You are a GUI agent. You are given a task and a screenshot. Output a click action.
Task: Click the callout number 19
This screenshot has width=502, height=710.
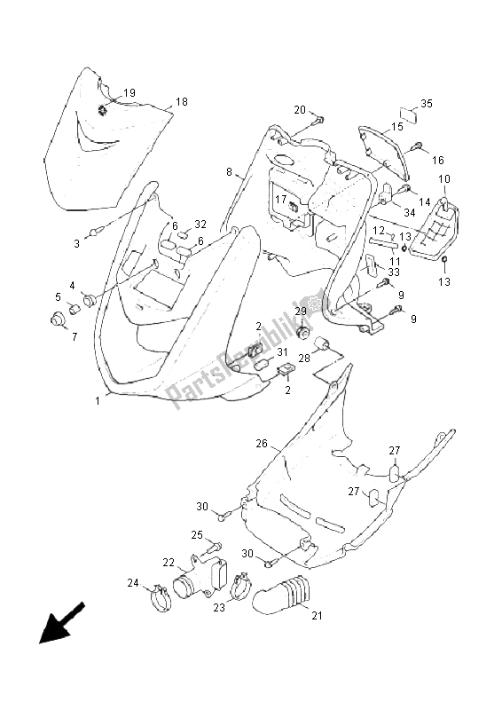click(129, 93)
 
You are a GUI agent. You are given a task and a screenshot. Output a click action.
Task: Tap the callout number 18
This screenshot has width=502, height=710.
click(182, 102)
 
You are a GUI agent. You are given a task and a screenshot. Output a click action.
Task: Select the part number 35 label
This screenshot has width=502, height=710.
click(426, 104)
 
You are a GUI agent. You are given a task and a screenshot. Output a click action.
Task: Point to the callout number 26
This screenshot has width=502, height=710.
click(262, 443)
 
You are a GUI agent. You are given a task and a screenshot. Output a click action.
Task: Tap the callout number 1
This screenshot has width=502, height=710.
click(98, 401)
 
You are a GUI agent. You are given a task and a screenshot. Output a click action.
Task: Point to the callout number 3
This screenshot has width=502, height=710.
click(77, 242)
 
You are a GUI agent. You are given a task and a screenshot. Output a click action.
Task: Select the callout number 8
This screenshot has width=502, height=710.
click(229, 171)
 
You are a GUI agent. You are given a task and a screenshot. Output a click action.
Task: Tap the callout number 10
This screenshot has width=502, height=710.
click(444, 179)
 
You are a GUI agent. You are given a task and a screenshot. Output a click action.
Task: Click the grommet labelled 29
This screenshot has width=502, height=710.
click(304, 332)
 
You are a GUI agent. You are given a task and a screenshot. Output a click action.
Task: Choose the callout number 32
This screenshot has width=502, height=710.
click(200, 225)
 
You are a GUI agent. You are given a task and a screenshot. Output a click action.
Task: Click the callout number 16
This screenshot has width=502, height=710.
click(437, 160)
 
